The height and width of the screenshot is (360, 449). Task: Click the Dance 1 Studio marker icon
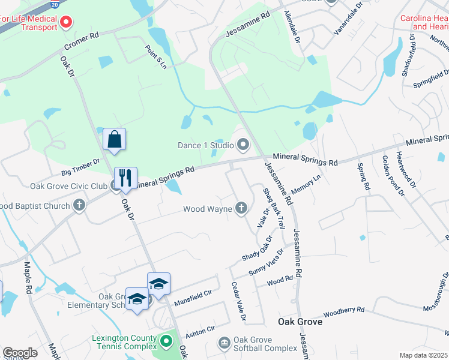pyautogui.click(x=243, y=145)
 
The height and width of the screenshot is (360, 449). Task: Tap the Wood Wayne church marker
pyautogui.click(x=241, y=208)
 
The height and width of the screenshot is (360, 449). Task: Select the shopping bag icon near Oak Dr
pyautogui.click(x=114, y=140)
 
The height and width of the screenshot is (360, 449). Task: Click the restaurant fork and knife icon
pyautogui.click(x=125, y=178)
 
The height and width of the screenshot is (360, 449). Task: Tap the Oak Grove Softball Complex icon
pyautogui.click(x=224, y=343)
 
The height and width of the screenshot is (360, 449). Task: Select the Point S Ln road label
pyautogui.click(x=155, y=56)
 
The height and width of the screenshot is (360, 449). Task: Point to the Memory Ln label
pyautogui.click(x=306, y=185)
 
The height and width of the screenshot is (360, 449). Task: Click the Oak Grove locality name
pyautogui.click(x=300, y=322)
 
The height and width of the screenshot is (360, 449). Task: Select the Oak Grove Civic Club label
pyautogui.click(x=69, y=185)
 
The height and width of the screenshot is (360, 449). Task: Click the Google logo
pyautogui.click(x=20, y=353)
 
